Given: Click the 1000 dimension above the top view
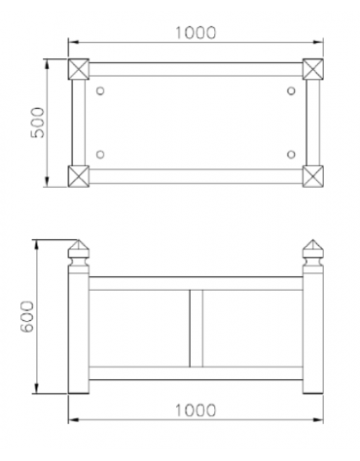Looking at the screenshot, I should [x=196, y=32].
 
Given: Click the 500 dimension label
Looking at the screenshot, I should [x=38, y=123].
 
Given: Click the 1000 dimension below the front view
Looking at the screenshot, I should [x=196, y=408].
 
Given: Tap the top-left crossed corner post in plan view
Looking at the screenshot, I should [x=77, y=69].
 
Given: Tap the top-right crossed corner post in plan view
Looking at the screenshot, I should [x=313, y=69].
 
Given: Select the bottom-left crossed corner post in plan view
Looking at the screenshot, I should [x=77, y=176].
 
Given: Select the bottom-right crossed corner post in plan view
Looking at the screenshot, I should [x=313, y=176].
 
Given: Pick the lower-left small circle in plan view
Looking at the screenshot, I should [x=101, y=155].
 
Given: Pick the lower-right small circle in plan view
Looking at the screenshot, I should [x=291, y=155].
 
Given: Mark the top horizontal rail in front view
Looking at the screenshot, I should [x=196, y=283].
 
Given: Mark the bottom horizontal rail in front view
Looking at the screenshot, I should [x=196, y=372].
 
